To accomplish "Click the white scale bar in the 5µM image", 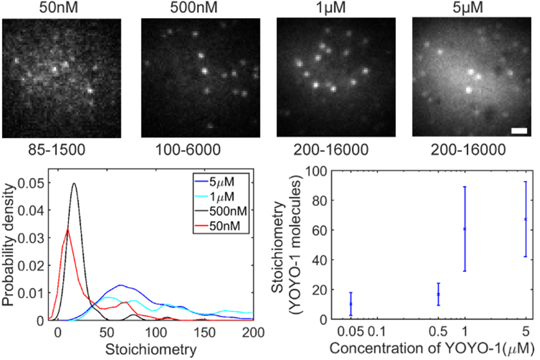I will click(x=517, y=131).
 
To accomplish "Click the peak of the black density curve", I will click(x=74, y=184).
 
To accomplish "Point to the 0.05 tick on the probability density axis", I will click(x=35, y=184).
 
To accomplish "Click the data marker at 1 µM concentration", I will click(x=464, y=229).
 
